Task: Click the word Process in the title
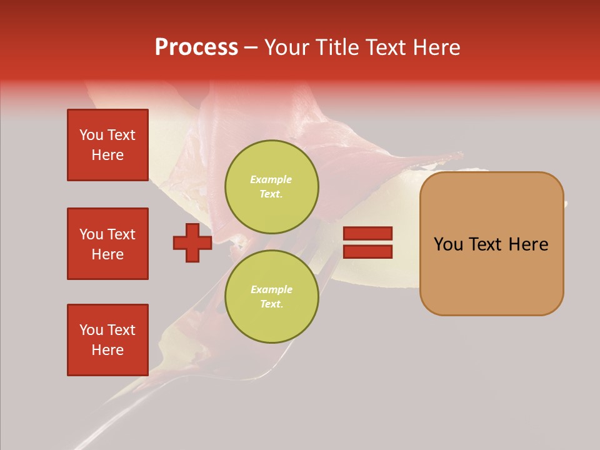[196, 47]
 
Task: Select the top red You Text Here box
[107, 145]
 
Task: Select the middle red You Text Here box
[107, 244]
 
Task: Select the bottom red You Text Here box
[107, 340]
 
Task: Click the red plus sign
[192, 243]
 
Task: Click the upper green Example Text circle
[271, 187]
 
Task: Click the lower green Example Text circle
[271, 297]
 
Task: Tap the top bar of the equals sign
[367, 234]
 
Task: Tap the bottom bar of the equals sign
[367, 251]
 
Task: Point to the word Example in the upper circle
[271, 180]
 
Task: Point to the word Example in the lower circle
[271, 290]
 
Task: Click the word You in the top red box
[91, 135]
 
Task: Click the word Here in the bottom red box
[107, 350]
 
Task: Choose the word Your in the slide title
[286, 47]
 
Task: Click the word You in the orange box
[448, 244]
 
